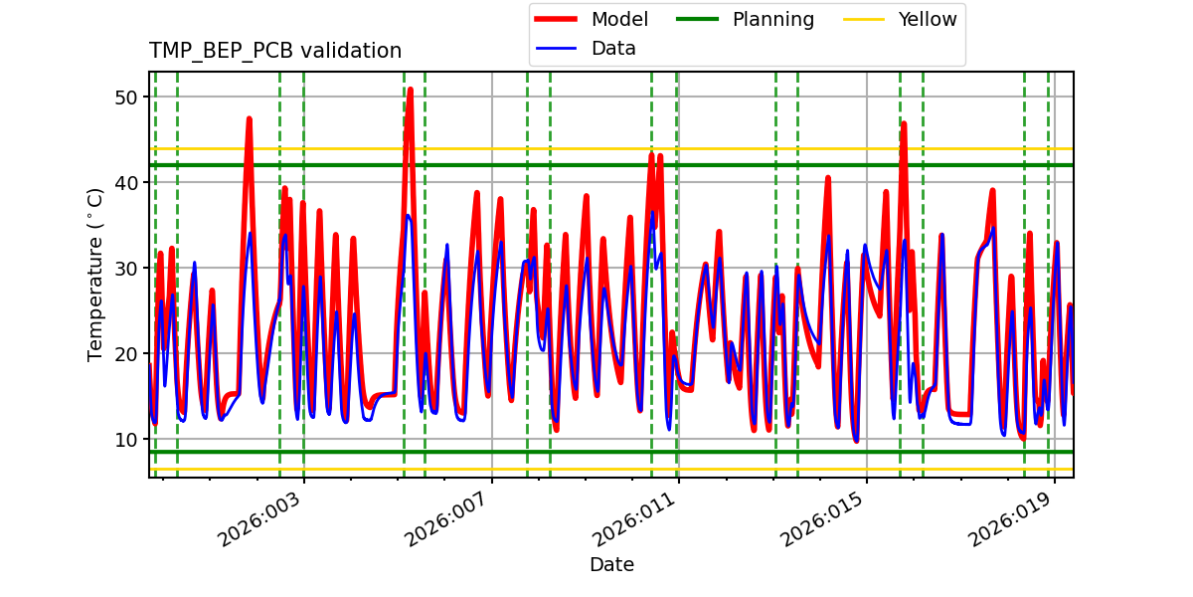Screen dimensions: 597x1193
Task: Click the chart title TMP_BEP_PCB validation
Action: pos(275,51)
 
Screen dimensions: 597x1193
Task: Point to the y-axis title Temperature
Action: pos(95,274)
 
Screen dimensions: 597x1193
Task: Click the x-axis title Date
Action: pos(611,564)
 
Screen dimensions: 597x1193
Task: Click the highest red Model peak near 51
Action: pos(410,90)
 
